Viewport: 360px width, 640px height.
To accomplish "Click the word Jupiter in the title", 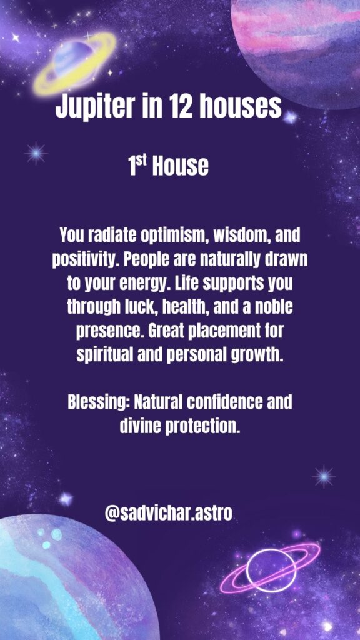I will tap(94, 107).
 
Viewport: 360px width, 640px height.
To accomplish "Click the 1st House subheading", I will tap(167, 166).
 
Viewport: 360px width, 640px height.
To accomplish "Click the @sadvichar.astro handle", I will tap(169, 514).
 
